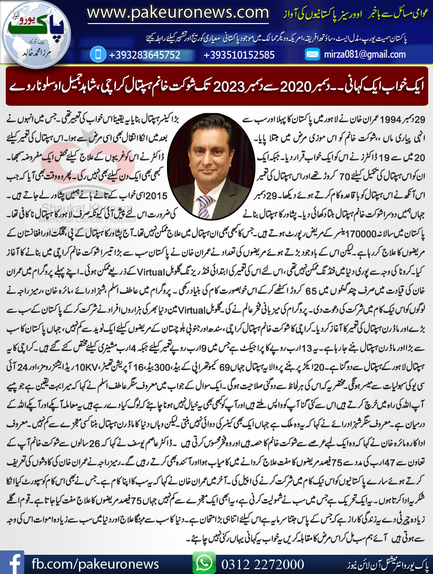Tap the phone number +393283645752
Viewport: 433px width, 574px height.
click(144, 55)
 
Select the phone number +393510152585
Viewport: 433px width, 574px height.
click(239, 55)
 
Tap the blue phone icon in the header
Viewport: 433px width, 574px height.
click(98, 54)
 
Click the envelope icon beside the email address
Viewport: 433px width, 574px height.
click(312, 54)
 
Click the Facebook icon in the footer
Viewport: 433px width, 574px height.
click(13, 562)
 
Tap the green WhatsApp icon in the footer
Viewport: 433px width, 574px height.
click(204, 562)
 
